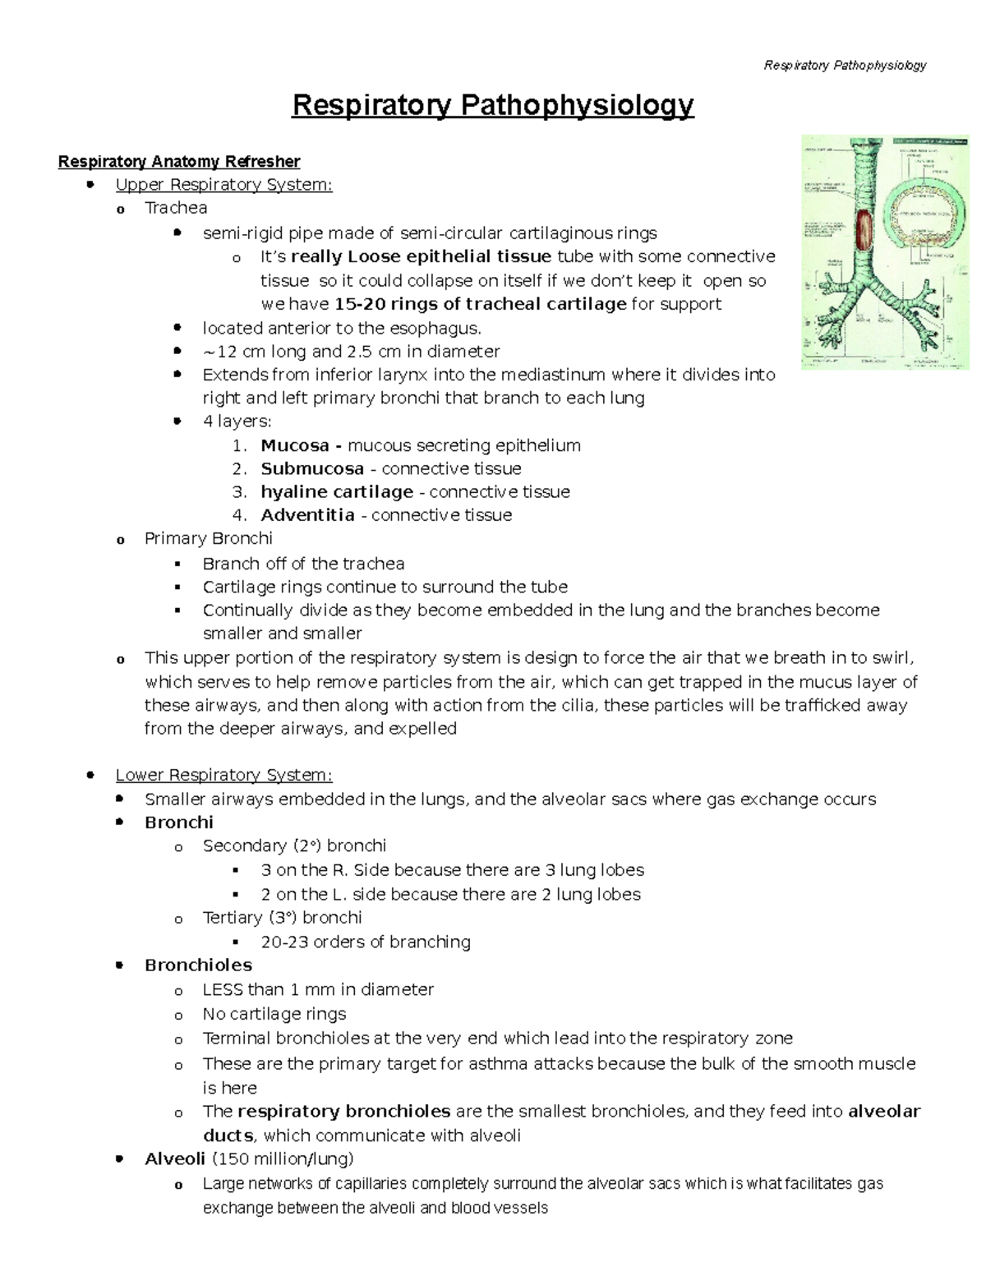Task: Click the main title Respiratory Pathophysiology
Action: click(493, 106)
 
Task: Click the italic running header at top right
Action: click(845, 65)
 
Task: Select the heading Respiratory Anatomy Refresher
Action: click(178, 161)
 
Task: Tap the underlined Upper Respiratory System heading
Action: click(223, 185)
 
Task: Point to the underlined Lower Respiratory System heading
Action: click(223, 775)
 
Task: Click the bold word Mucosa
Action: click(295, 445)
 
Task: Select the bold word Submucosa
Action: click(312, 468)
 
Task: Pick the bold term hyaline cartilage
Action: click(337, 491)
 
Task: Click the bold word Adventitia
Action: click(307, 515)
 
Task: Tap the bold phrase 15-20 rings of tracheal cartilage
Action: click(481, 304)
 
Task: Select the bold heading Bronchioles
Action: click(198, 965)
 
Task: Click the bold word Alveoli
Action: click(175, 1159)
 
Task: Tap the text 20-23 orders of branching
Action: click(366, 942)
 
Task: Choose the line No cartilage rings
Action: click(274, 1014)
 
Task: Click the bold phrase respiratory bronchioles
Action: click(343, 1112)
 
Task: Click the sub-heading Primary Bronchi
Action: click(209, 538)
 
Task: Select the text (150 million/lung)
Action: click(283, 1159)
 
